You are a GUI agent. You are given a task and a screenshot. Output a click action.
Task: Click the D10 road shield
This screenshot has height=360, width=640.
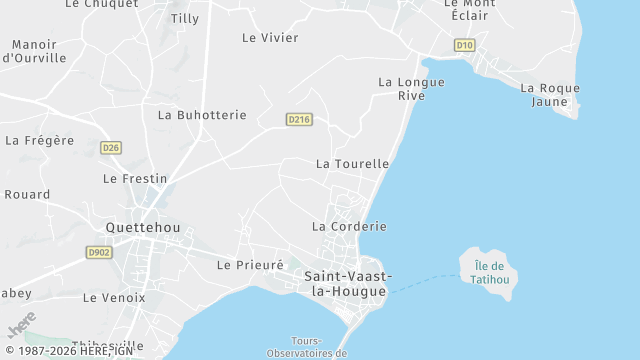(x=464, y=45)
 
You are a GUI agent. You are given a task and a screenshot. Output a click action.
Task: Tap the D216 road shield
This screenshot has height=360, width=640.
(x=299, y=119)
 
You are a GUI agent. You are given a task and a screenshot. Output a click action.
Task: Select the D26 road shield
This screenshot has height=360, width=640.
(x=111, y=148)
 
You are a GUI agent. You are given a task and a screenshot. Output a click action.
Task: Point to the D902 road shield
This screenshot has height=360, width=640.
(x=99, y=252)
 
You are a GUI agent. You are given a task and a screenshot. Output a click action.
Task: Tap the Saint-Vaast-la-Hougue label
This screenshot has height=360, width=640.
(x=348, y=283)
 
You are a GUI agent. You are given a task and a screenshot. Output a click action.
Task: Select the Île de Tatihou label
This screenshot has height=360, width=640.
(x=489, y=272)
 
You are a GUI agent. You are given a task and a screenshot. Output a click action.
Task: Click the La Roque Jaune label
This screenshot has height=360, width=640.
(x=550, y=94)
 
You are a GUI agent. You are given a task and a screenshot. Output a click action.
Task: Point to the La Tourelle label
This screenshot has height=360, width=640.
(x=352, y=163)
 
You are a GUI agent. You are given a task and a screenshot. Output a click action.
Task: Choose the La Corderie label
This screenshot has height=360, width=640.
(x=349, y=226)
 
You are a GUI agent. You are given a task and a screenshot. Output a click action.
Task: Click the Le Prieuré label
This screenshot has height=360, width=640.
(x=250, y=265)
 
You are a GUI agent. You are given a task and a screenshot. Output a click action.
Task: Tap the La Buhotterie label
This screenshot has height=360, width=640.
(x=202, y=115)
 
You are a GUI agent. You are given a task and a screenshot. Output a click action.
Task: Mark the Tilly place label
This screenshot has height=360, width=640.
(x=185, y=18)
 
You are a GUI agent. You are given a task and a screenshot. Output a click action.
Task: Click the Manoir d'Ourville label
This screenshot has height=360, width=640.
(x=34, y=51)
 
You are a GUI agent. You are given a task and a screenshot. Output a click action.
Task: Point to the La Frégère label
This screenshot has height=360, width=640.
(x=39, y=140)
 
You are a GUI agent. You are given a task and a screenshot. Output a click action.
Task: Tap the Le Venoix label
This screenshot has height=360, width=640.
(x=114, y=297)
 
